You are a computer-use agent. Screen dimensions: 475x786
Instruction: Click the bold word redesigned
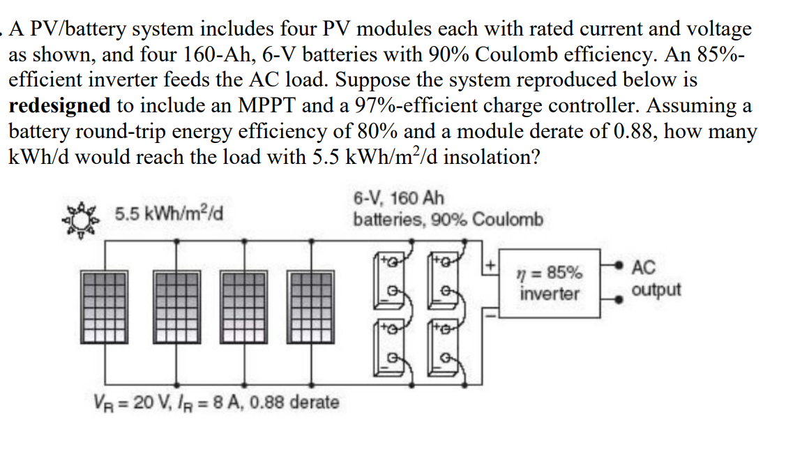(x=59, y=106)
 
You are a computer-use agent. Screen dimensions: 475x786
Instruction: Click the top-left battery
(x=393, y=280)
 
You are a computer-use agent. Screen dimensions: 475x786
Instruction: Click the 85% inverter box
(x=550, y=283)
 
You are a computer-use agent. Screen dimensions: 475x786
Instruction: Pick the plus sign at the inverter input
(x=490, y=266)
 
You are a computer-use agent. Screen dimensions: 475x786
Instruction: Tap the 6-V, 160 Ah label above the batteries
(x=399, y=198)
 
